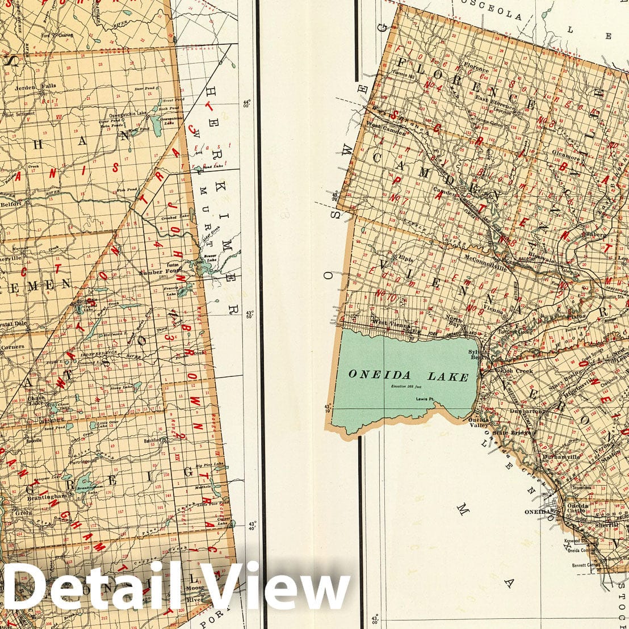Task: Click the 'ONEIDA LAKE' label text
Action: click(408, 375)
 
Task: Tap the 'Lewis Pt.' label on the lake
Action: click(422, 399)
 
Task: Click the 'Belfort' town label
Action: click(11, 202)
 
